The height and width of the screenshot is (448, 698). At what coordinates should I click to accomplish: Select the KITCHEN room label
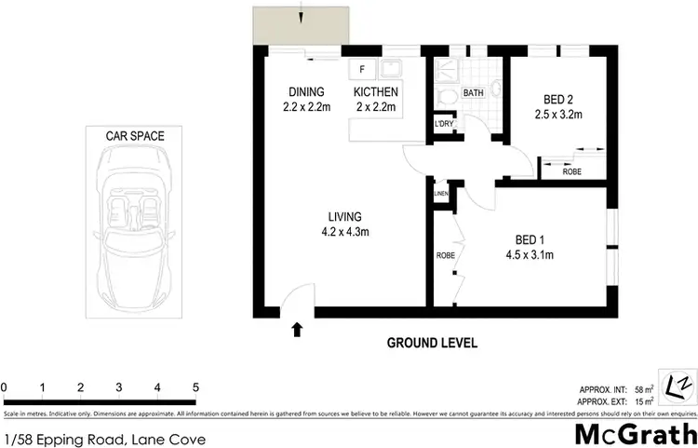(376, 92)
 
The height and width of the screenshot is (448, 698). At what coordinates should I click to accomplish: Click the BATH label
(474, 93)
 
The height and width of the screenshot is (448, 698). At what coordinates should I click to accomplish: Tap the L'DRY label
(443, 124)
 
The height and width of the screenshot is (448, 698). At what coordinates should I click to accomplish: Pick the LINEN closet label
(441, 193)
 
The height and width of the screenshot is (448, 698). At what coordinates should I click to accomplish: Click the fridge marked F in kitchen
(362, 69)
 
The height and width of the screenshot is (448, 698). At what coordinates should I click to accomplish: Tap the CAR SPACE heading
(135, 136)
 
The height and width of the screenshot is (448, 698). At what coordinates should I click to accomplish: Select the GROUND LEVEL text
(432, 343)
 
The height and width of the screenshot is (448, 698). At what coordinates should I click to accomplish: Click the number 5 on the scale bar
(195, 387)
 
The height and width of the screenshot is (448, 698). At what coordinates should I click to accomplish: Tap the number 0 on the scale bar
(5, 387)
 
